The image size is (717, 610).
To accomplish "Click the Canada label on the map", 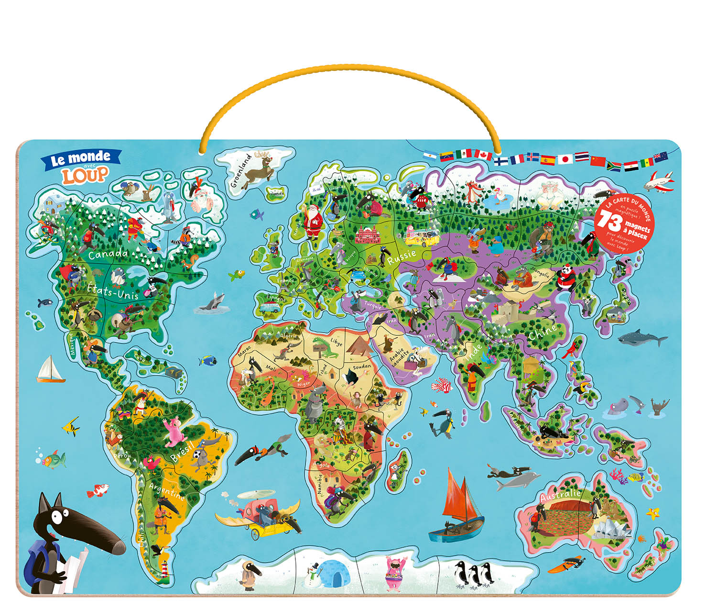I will click(x=108, y=254).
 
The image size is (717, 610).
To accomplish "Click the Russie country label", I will click(x=402, y=257).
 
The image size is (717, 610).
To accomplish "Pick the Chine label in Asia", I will click(x=543, y=331).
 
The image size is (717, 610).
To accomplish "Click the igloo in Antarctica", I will click(x=333, y=573).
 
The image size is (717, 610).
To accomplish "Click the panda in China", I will click(x=567, y=277).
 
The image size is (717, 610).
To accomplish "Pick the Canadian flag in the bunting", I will click(x=483, y=155).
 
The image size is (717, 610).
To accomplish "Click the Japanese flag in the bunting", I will click(x=565, y=159).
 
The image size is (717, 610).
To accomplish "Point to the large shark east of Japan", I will click(x=642, y=339).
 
